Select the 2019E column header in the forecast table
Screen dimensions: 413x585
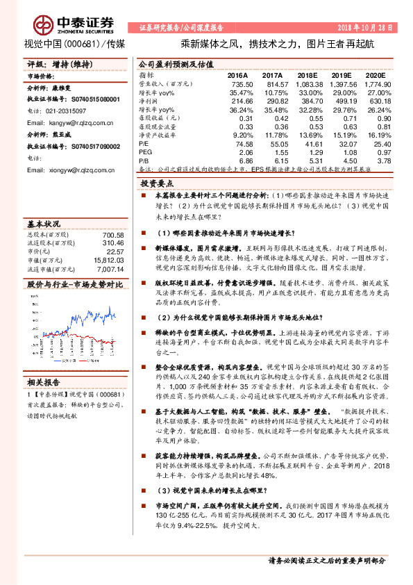click(346, 74)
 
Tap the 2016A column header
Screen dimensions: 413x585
click(238, 74)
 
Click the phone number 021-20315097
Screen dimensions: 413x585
click(70, 111)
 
